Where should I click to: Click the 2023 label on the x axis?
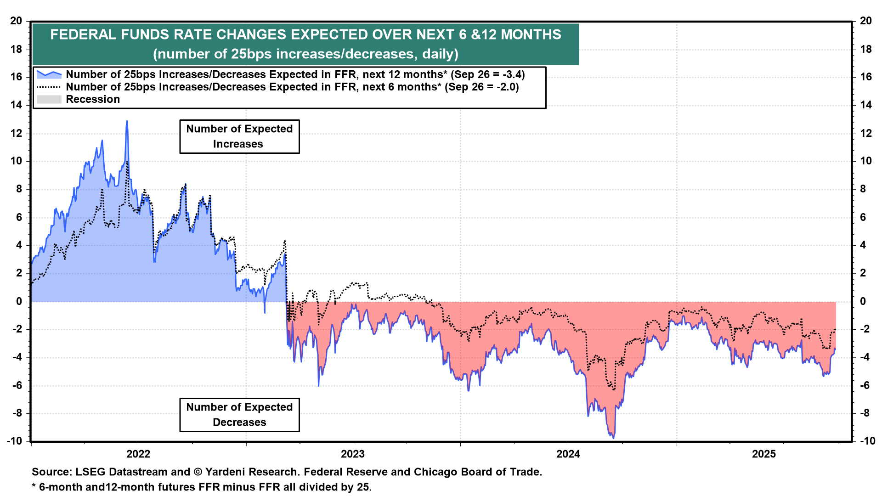click(352, 454)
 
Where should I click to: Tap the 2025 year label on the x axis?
click(763, 454)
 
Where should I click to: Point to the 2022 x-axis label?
click(138, 454)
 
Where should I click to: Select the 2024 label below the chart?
click(568, 454)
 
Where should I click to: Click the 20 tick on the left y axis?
click(16, 21)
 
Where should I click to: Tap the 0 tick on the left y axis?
click(19, 301)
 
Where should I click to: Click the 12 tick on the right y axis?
click(866, 133)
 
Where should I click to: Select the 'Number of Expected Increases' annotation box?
click(239, 136)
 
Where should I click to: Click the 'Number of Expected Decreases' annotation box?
click(239, 415)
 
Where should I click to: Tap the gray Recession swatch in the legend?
click(49, 99)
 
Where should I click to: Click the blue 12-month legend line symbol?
click(49, 74)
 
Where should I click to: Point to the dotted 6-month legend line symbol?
click(49, 87)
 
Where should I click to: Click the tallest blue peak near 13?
click(127, 121)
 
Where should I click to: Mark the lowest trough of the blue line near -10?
click(613, 438)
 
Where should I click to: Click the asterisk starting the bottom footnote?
click(34, 486)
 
